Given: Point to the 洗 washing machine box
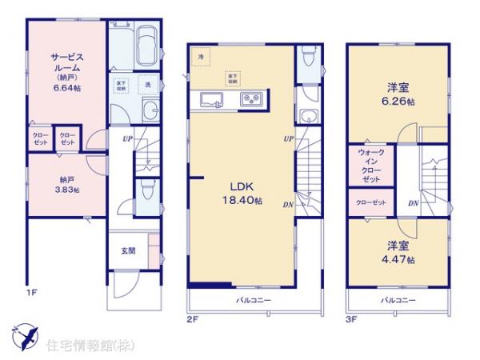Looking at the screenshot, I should click(x=147, y=84).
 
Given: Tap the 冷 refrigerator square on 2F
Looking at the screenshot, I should click(x=201, y=58).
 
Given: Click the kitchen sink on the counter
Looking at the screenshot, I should click(x=211, y=99).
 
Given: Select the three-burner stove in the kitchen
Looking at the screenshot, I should click(x=252, y=99).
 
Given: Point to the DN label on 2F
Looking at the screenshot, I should click(x=287, y=205).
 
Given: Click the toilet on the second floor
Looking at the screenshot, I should click(x=307, y=58).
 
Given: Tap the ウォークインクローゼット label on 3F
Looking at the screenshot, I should click(x=371, y=166).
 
